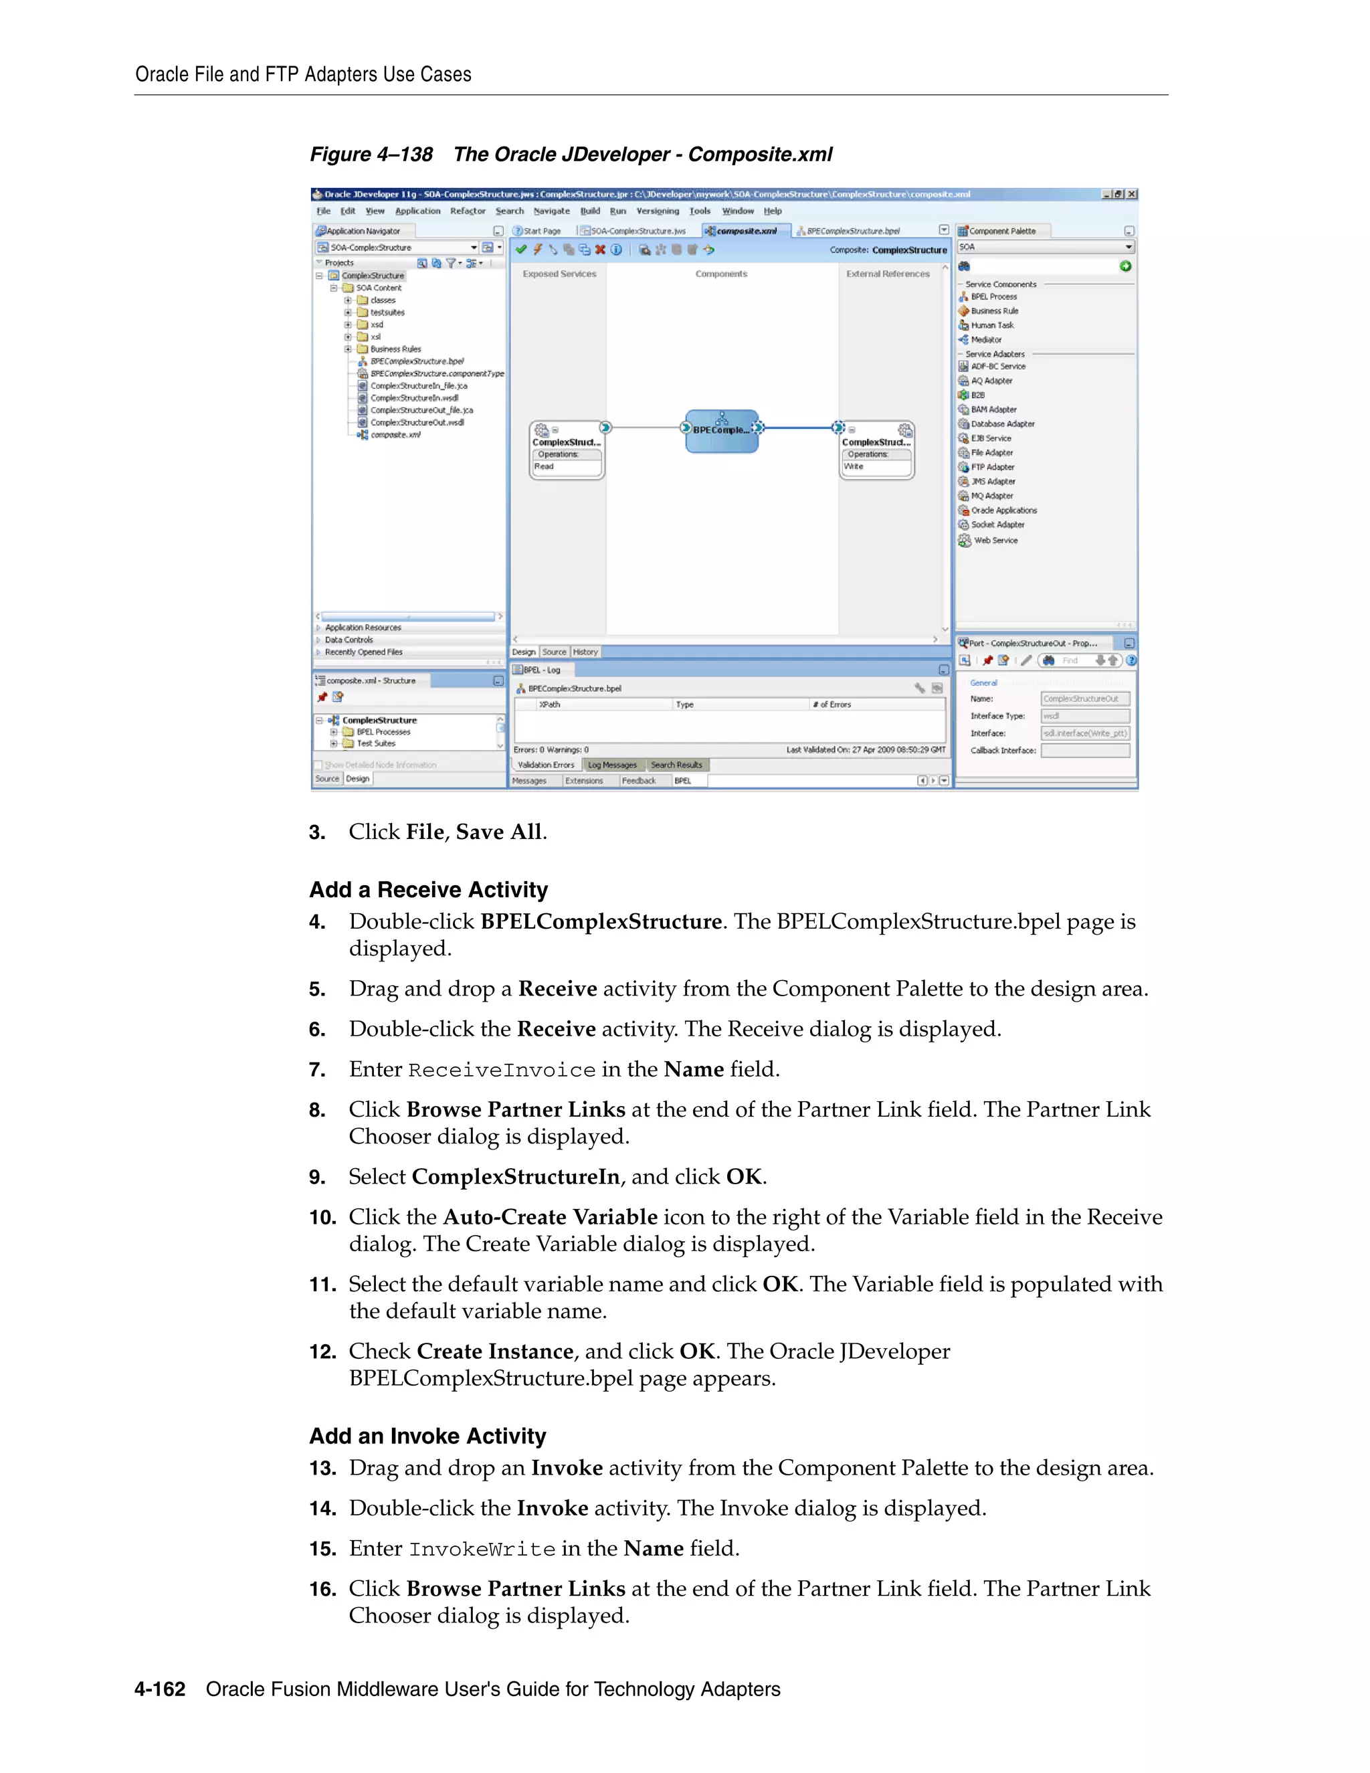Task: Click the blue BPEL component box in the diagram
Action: pyautogui.click(x=722, y=430)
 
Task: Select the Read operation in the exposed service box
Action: pyautogui.click(x=545, y=467)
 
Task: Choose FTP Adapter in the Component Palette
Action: pyautogui.click(x=992, y=468)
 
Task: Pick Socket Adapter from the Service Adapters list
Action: pyautogui.click(x=997, y=525)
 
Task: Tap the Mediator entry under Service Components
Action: pyautogui.click(x=985, y=340)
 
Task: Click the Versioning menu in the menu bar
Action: pyautogui.click(x=658, y=211)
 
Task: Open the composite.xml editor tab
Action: pyautogui.click(x=745, y=231)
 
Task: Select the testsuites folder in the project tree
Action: pyautogui.click(x=387, y=312)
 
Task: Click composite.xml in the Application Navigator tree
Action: pyautogui.click(x=395, y=435)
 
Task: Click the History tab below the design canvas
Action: pyautogui.click(x=585, y=652)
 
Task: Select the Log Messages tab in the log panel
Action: pyautogui.click(x=612, y=765)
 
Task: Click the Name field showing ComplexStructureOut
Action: pyautogui.click(x=1084, y=699)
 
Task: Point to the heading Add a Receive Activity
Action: pyautogui.click(x=429, y=890)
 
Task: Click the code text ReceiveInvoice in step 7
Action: pyautogui.click(x=502, y=1070)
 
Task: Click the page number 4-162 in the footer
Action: pyautogui.click(x=160, y=1689)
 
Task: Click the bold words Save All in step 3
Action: pyautogui.click(x=498, y=832)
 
